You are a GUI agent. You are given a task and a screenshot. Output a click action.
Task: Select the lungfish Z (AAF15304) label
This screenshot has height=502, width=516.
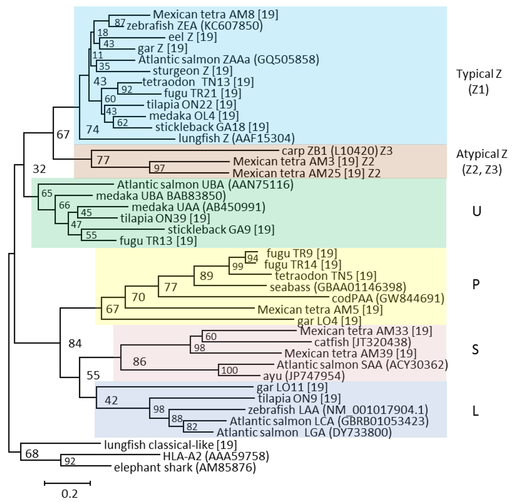236,137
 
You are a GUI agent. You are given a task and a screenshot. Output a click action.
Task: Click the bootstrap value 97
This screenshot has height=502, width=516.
160,167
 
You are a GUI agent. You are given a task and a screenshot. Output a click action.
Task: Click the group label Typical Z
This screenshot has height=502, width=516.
479,74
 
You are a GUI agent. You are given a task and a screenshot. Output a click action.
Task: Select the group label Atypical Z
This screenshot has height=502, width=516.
481,154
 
